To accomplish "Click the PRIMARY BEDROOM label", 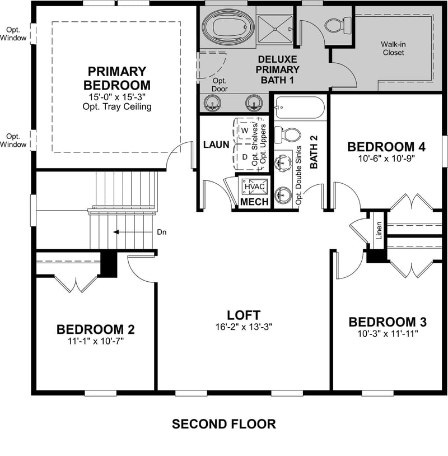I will point(116,78).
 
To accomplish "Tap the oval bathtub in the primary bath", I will point(226,26).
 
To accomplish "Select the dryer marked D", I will point(245,156).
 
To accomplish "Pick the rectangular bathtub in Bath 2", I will point(300,106).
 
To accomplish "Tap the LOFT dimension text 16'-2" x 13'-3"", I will point(243,327).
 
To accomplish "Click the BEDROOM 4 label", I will point(386,147).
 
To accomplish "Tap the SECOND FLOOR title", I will point(223,424).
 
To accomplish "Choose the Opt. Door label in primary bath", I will point(219,85).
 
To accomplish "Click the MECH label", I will point(254,202).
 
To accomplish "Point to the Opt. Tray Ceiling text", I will point(117,106).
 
